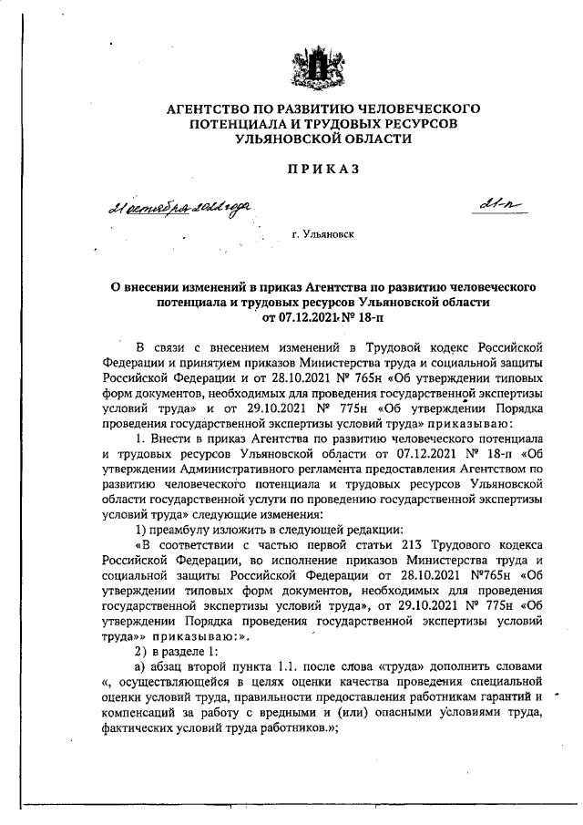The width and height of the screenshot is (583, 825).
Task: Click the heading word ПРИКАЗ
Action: (323, 169)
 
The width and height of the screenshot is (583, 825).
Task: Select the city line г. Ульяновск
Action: (323, 234)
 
